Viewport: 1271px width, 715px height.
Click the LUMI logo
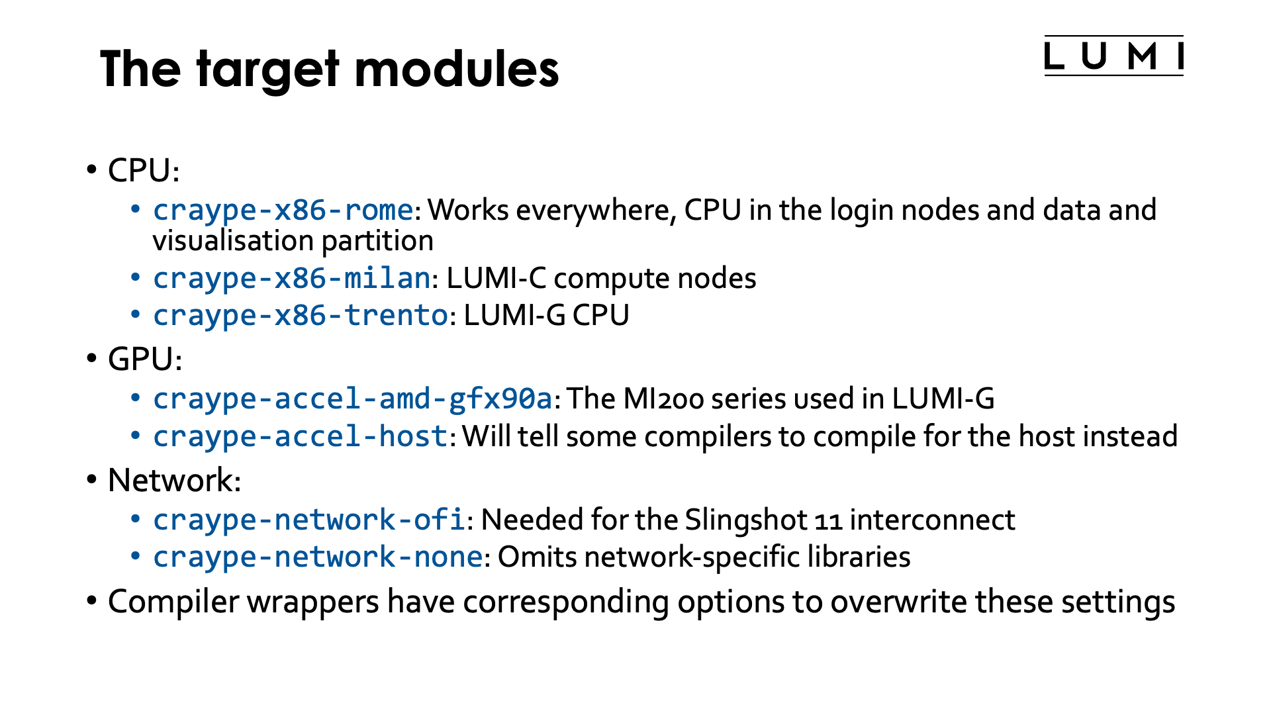click(1113, 56)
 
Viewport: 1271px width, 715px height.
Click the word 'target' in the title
click(267, 70)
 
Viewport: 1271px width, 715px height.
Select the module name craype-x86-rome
click(283, 211)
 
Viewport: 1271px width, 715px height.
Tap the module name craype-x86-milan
click(292, 279)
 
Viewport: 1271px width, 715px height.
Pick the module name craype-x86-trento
click(301, 316)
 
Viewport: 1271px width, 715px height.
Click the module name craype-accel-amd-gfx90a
click(352, 399)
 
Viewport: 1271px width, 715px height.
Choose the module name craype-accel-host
click(301, 437)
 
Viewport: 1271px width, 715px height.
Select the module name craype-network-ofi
click(308, 520)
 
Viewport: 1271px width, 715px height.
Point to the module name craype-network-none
click(317, 557)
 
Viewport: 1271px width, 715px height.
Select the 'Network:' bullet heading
click(174, 481)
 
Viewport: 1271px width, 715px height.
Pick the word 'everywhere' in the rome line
click(595, 211)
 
